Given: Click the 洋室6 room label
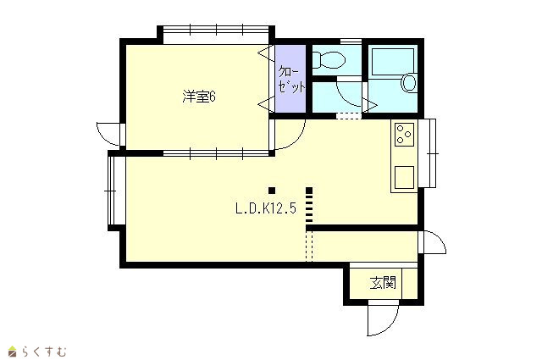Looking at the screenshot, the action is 199,97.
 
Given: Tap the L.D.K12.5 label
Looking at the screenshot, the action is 266,208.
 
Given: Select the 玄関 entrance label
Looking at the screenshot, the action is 383,283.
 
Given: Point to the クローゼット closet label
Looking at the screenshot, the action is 291,80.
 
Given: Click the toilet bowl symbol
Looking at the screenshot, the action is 329,60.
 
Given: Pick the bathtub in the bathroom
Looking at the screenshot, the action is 393,63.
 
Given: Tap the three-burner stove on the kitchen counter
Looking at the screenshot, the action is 404,134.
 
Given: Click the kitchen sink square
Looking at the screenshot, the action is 404,177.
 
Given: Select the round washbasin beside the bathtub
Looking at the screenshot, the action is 409,83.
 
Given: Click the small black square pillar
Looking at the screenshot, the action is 272,191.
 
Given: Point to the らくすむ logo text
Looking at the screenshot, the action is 44,352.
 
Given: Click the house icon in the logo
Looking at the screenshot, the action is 13,352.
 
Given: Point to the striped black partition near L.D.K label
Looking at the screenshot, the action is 309,205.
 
